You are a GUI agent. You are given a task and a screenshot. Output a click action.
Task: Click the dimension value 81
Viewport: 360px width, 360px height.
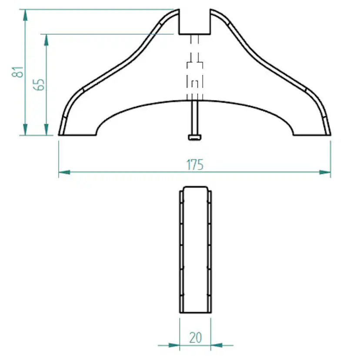[x=17, y=72]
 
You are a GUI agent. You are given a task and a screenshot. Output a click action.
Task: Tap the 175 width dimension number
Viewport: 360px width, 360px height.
[x=195, y=165]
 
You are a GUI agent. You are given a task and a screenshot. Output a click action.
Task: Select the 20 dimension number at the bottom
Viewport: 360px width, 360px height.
[x=196, y=337]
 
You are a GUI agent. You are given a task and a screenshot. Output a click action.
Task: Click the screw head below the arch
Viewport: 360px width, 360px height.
[x=195, y=137]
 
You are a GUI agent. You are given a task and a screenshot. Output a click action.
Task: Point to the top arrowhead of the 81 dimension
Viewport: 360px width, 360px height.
[x=25, y=15]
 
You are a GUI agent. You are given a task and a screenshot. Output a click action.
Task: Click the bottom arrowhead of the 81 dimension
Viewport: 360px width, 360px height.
[x=25, y=130]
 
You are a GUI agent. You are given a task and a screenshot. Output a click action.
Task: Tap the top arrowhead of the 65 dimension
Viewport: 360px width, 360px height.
[x=47, y=40]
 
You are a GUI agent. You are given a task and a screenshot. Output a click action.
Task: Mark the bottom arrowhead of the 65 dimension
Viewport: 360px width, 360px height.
[x=47, y=130]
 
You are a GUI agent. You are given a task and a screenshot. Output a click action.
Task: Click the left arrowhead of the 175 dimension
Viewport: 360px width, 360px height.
[x=64, y=172]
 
